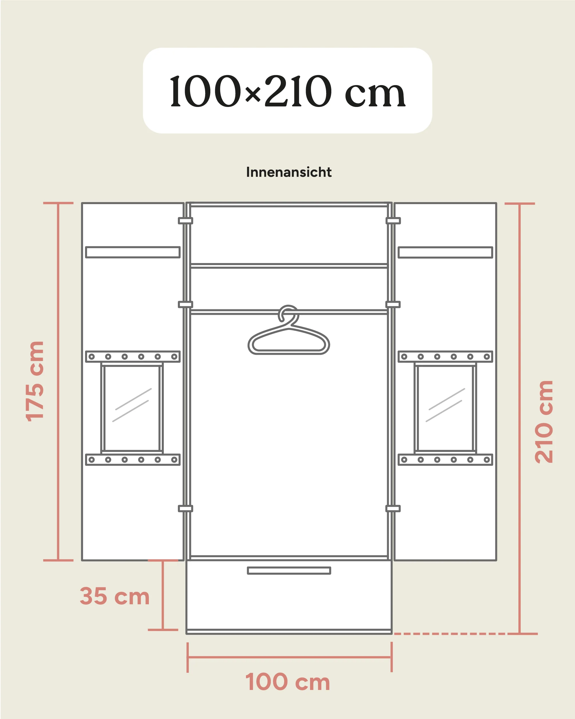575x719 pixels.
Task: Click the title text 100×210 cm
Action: pos(288,91)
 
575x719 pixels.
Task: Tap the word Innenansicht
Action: pos(289,172)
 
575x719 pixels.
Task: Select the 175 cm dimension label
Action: pos(35,381)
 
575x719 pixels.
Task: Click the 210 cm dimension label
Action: pos(544,421)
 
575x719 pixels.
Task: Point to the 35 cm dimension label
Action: pos(115,596)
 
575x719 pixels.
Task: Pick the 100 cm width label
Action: pos(288,682)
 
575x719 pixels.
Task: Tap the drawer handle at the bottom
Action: pos(289,571)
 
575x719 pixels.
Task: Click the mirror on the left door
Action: pos(132,408)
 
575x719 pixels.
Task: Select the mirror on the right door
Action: pos(445,408)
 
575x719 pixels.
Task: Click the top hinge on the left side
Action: pos(186,221)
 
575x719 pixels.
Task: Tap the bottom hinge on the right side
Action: pos(393,509)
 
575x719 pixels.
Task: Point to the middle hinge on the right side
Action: pos(393,304)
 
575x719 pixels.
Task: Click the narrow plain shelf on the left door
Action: pos(133,252)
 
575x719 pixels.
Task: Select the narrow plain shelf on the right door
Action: pos(445,252)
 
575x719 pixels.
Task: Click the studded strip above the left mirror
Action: pos(133,356)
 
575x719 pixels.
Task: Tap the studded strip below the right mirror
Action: pos(445,460)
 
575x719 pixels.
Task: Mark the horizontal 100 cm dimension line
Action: pos(289,657)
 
